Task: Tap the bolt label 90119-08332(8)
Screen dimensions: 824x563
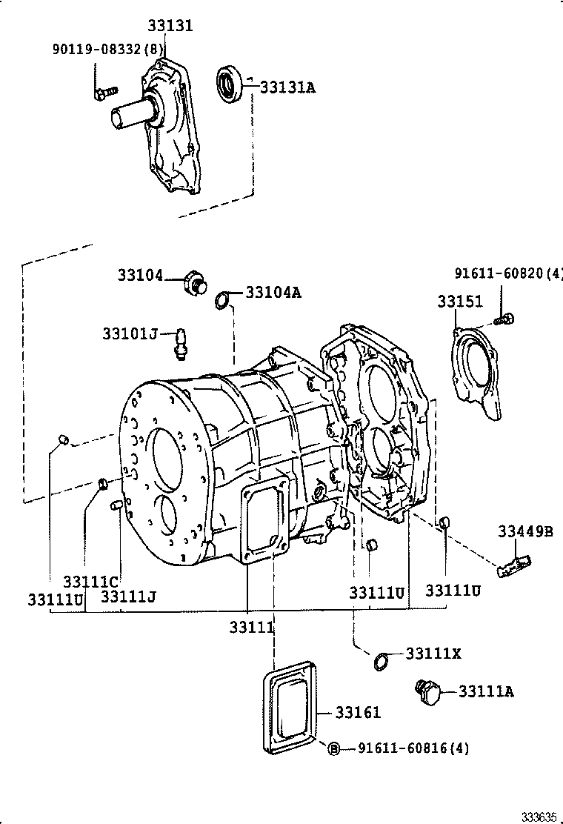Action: click(x=108, y=50)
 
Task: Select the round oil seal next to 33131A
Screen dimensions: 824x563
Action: click(x=230, y=83)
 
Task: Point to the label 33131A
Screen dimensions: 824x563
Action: click(x=287, y=88)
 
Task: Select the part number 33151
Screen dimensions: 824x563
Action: click(x=459, y=302)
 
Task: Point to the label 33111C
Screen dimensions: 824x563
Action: click(x=91, y=582)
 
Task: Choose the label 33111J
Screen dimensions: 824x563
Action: click(x=128, y=596)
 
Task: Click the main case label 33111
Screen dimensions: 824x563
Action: click(x=252, y=627)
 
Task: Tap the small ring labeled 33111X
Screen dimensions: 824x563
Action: click(x=380, y=661)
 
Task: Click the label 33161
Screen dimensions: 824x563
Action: click(x=357, y=713)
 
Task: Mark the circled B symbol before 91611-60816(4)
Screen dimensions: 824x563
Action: click(x=333, y=748)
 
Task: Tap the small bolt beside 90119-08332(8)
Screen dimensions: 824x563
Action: click(x=104, y=93)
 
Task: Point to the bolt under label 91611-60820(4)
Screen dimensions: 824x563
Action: click(x=504, y=319)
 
